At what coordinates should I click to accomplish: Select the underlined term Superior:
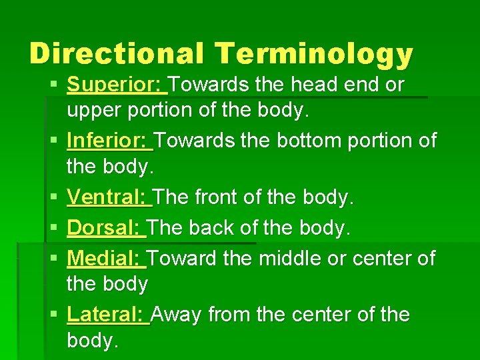[116, 85]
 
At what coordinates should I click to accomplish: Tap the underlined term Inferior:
[109, 141]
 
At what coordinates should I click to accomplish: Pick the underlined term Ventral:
[109, 197]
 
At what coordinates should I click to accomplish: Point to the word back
[213, 227]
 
